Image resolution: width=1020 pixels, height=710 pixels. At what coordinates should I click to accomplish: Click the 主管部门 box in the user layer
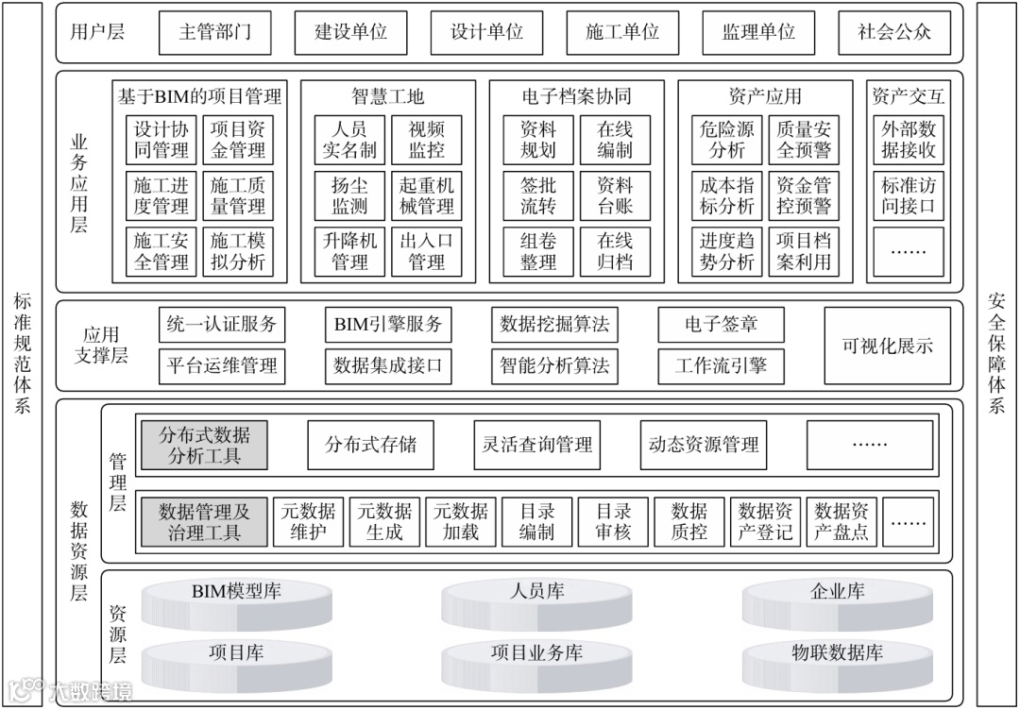(x=214, y=32)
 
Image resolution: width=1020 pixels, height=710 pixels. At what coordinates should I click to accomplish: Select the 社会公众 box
(x=893, y=32)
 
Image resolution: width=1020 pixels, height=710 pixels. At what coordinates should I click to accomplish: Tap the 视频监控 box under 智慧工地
(x=426, y=139)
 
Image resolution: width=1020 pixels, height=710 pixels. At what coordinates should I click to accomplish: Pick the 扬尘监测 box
(x=349, y=195)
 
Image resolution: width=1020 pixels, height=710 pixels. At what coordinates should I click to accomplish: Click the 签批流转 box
(x=538, y=195)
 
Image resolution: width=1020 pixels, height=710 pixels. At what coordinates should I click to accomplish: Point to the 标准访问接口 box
(x=909, y=195)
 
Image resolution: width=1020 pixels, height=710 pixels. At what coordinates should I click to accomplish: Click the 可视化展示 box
(x=887, y=346)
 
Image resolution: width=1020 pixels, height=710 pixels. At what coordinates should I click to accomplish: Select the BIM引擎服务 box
(x=387, y=325)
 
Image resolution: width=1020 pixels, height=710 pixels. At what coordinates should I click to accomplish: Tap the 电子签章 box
(x=721, y=325)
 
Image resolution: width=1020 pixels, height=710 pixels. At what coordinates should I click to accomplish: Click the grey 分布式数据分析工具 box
(x=204, y=446)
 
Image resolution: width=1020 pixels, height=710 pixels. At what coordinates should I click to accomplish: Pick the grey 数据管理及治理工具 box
(x=204, y=521)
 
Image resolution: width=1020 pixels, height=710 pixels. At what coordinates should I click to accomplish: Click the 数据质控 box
(x=689, y=521)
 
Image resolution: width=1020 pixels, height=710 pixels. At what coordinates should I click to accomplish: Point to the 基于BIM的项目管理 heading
(x=199, y=96)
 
